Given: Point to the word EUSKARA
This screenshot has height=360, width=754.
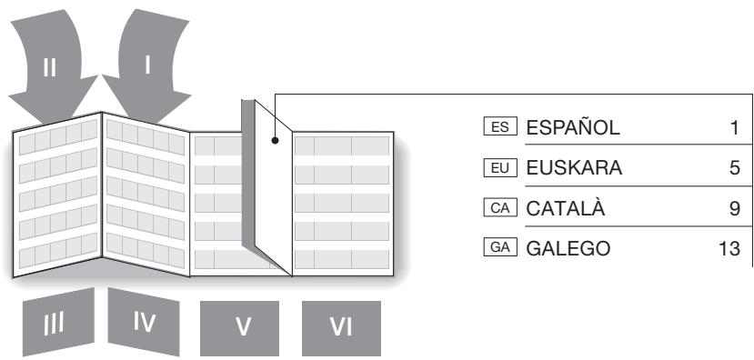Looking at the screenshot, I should click(574, 169).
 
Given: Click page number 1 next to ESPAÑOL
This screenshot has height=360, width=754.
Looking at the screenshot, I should click(734, 128).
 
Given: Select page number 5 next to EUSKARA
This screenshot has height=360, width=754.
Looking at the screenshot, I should click(734, 169).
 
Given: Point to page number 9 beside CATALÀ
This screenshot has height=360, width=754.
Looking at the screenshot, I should click(734, 210).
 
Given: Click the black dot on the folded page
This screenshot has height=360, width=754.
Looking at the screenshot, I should click(274, 141).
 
